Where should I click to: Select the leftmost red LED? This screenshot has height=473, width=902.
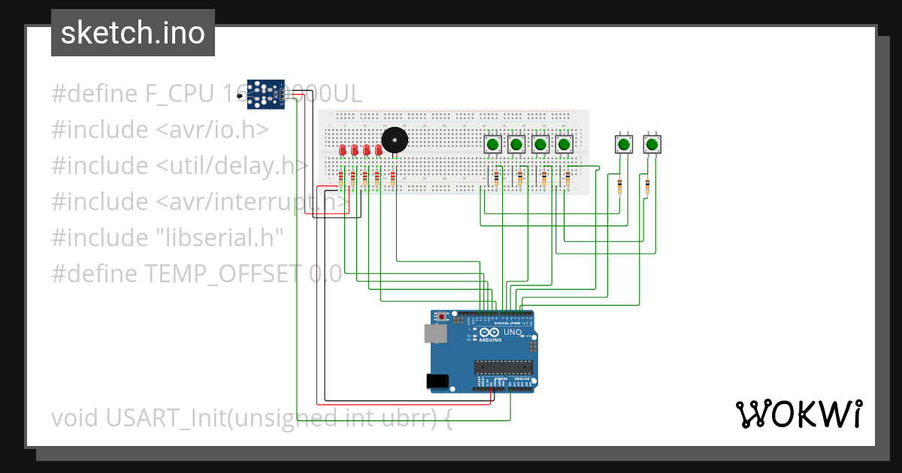click(343, 150)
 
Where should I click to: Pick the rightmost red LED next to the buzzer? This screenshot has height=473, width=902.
click(379, 150)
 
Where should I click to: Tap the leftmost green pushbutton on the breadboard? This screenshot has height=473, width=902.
click(492, 144)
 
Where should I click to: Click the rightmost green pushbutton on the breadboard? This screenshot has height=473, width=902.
click(564, 144)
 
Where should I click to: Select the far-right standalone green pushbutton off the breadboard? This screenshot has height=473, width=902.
click(652, 144)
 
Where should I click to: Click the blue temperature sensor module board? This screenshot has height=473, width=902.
click(265, 94)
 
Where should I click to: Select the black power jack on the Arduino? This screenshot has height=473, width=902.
click(437, 381)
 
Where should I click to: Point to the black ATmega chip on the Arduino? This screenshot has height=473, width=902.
click(503, 367)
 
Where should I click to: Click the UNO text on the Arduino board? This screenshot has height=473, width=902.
click(513, 332)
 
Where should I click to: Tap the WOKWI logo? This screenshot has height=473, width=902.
click(798, 414)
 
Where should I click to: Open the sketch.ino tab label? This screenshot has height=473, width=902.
click(133, 33)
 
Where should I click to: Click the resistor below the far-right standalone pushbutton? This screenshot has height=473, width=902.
click(647, 185)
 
